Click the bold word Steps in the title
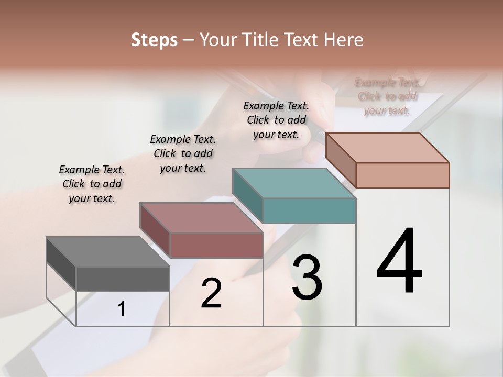pyautogui.click(x=154, y=40)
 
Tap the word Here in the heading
pyautogui.click(x=343, y=40)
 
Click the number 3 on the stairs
pyautogui.click(x=307, y=278)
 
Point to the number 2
pyautogui.click(x=211, y=293)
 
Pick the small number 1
pyautogui.click(x=122, y=309)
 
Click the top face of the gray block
pyautogui.click(x=107, y=252)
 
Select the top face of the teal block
pyautogui.click(x=293, y=183)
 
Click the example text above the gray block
pyautogui.click(x=92, y=184)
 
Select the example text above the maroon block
pyautogui.click(x=183, y=153)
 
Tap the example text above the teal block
pyautogui.click(x=276, y=120)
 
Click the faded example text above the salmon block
pyautogui.click(x=387, y=96)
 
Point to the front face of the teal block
pyautogui.click(x=309, y=211)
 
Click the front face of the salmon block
pyautogui.click(x=402, y=175)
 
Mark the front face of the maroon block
pyautogui.click(x=216, y=245)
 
